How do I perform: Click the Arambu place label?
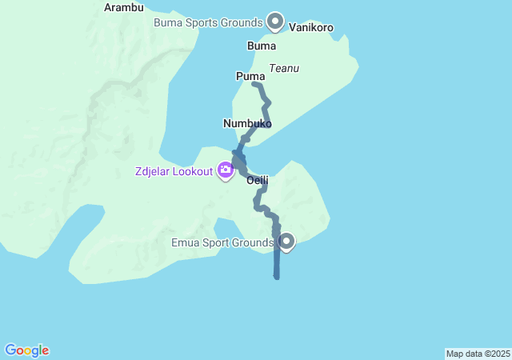(124, 8)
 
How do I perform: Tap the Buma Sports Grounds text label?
(208, 22)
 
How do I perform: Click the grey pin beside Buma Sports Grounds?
(275, 21)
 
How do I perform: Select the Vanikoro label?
(310, 28)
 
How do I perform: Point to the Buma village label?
(262, 46)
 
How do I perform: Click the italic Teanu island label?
(284, 69)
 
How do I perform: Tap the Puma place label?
(250, 76)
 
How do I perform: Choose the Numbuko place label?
(247, 124)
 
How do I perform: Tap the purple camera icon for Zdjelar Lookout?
(226, 170)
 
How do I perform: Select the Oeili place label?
(257, 181)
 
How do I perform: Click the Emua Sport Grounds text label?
(222, 242)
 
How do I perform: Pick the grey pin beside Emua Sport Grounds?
(286, 240)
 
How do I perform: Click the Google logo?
(26, 350)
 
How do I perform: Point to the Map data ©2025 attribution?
(478, 354)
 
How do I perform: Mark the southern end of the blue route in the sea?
(277, 277)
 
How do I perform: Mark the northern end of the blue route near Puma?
(254, 83)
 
